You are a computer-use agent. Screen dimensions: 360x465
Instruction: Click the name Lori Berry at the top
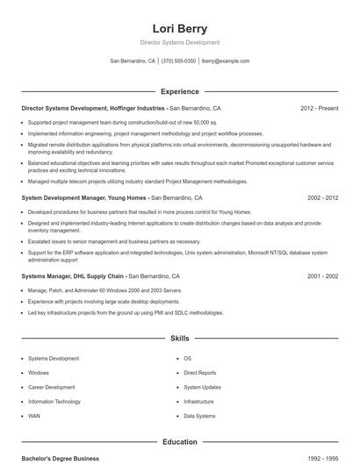coord(179,28)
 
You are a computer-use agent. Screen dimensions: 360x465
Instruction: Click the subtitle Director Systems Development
coord(179,42)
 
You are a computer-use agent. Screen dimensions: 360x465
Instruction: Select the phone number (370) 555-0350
coord(178,61)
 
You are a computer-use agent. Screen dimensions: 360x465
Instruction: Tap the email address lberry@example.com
coord(226,61)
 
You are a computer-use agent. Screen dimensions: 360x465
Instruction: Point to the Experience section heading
coord(179,91)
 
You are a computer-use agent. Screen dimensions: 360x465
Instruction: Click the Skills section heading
coord(179,338)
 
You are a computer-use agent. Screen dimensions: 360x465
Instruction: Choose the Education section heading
coord(179,442)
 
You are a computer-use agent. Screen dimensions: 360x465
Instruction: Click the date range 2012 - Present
coord(319,109)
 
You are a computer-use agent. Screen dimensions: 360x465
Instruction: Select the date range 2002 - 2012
coord(322,198)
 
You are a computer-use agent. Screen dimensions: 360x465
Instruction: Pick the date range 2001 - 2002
coord(322,276)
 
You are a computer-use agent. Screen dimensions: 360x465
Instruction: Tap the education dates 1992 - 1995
coord(322,459)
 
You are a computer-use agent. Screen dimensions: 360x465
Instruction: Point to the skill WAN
coord(34,415)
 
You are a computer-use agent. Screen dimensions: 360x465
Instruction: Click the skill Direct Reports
coord(199,373)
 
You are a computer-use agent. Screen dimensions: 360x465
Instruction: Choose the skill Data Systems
coord(199,415)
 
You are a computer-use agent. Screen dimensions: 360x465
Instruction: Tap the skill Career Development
coord(51,387)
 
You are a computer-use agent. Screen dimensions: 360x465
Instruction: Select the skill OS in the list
coord(187,359)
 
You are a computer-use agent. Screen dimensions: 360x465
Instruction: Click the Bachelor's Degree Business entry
coord(60,459)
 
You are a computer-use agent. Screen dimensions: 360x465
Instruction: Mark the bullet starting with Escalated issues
coord(114,241)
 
